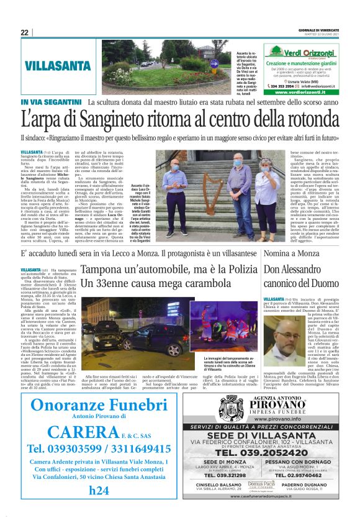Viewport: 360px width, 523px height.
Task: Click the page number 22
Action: pyautogui.click(x=24, y=32)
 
